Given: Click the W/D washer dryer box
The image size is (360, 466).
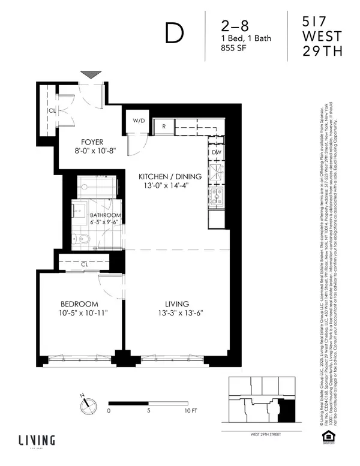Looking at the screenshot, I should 139,121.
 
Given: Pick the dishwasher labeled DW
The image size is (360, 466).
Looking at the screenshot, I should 216,152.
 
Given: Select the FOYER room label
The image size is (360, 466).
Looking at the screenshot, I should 87,143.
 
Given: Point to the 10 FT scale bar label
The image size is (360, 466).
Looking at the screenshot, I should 190,411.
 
